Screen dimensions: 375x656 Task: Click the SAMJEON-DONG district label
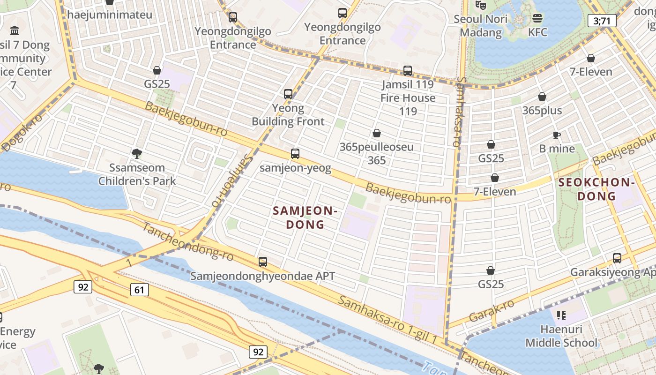(305, 217)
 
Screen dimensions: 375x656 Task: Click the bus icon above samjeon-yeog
(295, 153)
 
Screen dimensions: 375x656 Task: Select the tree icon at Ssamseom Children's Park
(137, 153)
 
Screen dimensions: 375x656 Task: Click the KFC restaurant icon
(537, 18)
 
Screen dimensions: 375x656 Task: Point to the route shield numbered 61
(139, 290)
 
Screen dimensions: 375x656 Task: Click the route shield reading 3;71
(601, 21)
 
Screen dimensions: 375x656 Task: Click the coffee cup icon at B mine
(556, 135)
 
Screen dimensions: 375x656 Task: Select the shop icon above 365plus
(542, 97)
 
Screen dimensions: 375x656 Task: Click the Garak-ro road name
(491, 310)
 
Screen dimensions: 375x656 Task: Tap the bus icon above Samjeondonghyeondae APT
(263, 262)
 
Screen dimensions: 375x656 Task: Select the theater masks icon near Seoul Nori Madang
(480, 5)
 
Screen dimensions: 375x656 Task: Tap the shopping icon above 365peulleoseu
(376, 133)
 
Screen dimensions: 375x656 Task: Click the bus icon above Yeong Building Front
(288, 94)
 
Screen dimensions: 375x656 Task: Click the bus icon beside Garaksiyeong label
(617, 258)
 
